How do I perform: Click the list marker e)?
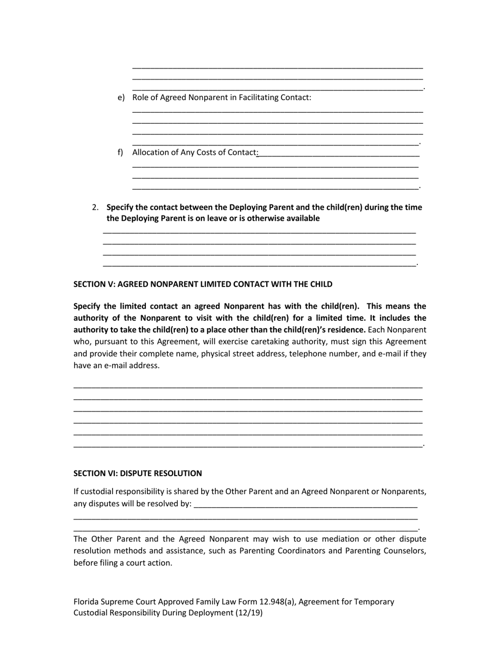tap(121, 97)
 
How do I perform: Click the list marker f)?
tap(121, 152)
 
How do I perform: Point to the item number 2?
tap(95, 207)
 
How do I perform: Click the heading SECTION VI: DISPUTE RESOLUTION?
tap(137, 473)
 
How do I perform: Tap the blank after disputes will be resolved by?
tap(305, 504)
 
